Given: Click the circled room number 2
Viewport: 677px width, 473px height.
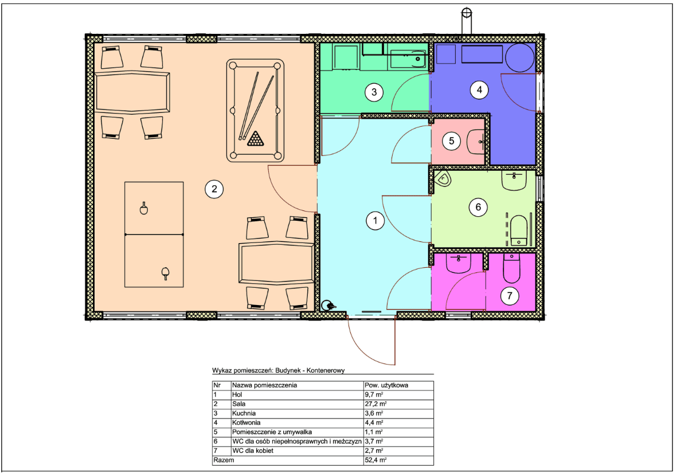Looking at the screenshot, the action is pyautogui.click(x=214, y=189).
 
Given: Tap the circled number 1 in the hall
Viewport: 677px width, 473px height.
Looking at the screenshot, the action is pyautogui.click(x=375, y=221).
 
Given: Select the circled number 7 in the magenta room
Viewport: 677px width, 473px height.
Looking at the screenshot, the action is pyautogui.click(x=510, y=296).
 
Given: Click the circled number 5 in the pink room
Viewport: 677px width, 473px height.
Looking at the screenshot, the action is pyautogui.click(x=451, y=141).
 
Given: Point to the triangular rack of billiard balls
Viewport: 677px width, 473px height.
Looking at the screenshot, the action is pyautogui.click(x=256, y=139).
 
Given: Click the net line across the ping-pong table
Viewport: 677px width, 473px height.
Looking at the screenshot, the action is pyautogui.click(x=154, y=234).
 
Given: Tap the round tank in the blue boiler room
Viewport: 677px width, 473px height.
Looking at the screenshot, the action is pyautogui.click(x=520, y=58).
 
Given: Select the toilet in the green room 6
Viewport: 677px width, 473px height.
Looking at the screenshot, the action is pyautogui.click(x=519, y=230).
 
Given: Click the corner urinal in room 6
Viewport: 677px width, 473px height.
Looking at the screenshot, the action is pyautogui.click(x=443, y=178).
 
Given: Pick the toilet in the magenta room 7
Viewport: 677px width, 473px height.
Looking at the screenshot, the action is pyautogui.click(x=512, y=268).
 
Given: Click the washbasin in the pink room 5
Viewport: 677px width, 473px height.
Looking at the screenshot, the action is pyautogui.click(x=476, y=141).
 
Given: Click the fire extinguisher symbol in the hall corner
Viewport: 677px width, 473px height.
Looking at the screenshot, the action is pyautogui.click(x=328, y=306).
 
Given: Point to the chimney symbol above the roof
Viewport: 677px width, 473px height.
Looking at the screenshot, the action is pyautogui.click(x=466, y=20).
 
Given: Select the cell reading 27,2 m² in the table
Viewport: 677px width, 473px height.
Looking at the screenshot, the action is pyautogui.click(x=375, y=404).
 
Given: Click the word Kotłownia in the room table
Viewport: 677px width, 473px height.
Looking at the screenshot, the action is pyautogui.click(x=246, y=423).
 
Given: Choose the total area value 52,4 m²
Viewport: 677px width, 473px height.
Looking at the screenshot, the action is pyautogui.click(x=375, y=460).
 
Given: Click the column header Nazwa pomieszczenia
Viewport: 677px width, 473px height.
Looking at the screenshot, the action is pyautogui.click(x=264, y=385).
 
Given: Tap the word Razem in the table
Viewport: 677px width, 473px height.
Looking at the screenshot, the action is pyautogui.click(x=224, y=460).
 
